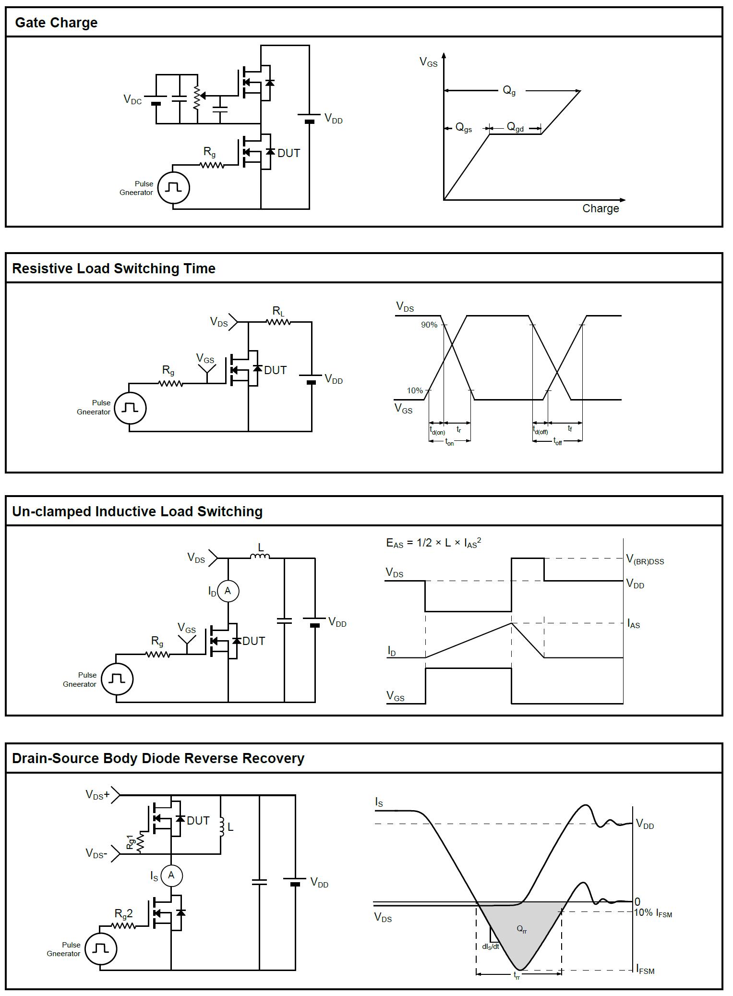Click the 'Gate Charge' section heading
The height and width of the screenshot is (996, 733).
56,23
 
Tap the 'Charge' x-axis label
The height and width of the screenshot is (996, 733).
601,208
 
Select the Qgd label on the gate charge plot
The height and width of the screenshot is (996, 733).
515,127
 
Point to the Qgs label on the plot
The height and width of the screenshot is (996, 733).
463,128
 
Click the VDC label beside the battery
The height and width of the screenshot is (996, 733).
132,99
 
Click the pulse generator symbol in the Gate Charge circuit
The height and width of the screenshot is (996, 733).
174,188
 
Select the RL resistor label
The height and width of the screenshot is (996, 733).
278,311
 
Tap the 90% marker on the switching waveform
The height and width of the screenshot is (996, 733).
429,325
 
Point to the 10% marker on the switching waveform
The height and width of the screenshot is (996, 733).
415,390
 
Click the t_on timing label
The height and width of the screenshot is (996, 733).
449,442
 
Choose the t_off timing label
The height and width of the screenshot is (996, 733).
557,441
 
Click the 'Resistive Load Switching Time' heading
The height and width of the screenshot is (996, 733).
114,268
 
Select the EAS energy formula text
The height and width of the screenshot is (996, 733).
433,543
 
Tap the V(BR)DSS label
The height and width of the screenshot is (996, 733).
645,559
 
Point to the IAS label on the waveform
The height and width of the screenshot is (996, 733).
634,624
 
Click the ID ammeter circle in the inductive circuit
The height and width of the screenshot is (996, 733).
228,591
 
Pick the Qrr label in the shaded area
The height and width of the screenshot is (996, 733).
522,929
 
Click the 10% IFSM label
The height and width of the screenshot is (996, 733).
653,913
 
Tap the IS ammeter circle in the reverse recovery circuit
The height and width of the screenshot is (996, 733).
171,875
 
